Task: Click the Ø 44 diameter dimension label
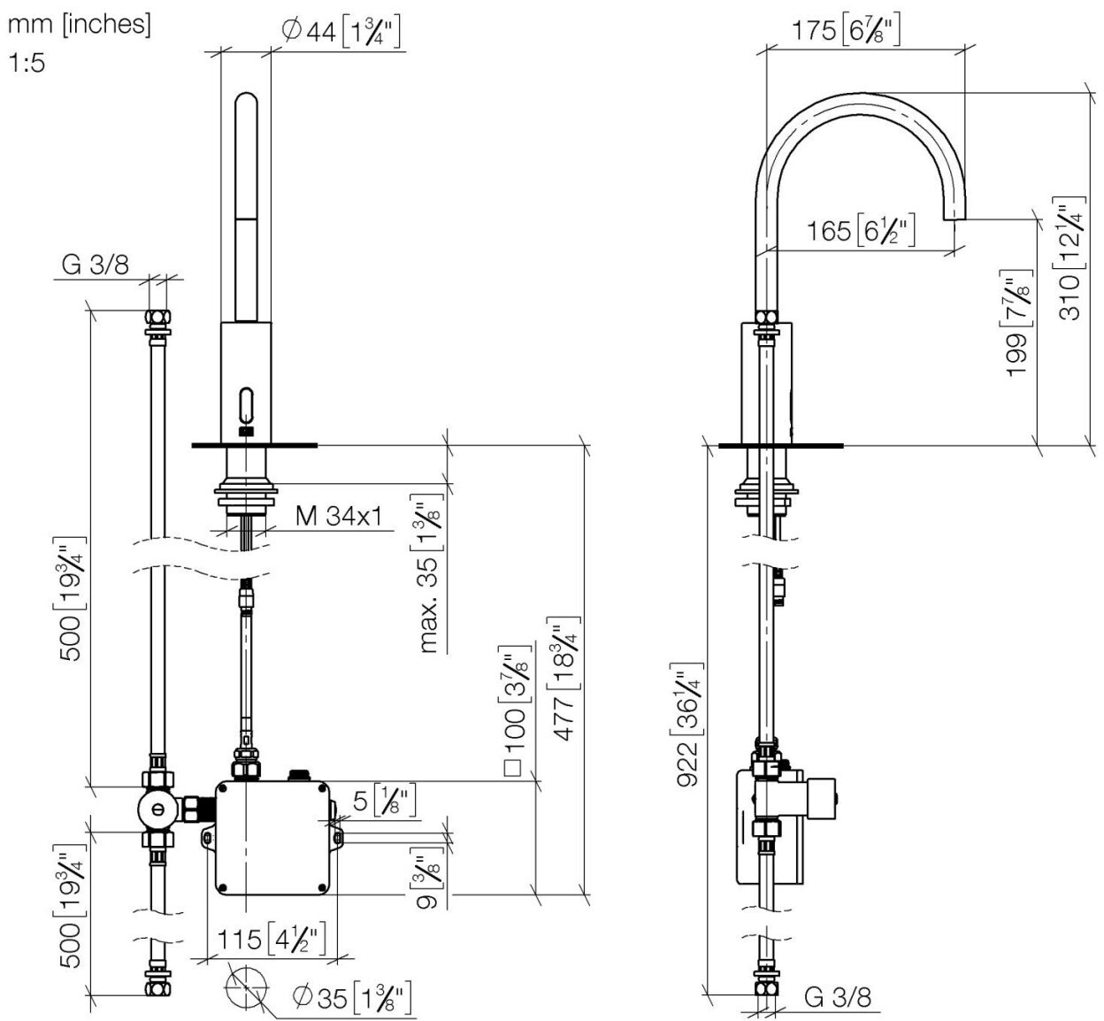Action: click(341, 32)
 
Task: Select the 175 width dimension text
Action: click(845, 30)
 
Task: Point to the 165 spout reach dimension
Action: click(860, 230)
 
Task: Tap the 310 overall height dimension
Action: click(1070, 258)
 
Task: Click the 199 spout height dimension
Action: click(1019, 324)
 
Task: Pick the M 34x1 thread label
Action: click(339, 516)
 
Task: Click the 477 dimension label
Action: click(566, 679)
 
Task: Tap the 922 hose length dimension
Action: click(689, 725)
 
